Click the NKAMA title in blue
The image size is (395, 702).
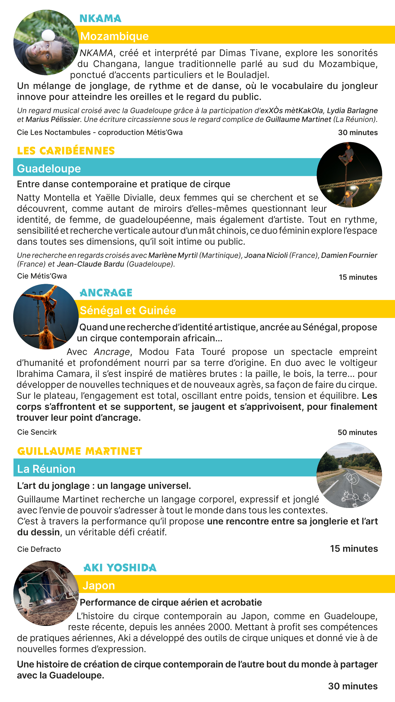(x=100, y=18)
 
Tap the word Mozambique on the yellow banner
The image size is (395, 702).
(x=115, y=36)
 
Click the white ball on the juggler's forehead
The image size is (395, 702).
(x=48, y=36)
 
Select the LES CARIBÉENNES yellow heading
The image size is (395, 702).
(x=66, y=151)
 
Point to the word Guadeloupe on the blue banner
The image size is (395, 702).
(x=49, y=169)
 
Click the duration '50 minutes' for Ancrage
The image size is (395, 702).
(x=357, y=432)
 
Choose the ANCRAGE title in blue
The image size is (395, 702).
(x=106, y=293)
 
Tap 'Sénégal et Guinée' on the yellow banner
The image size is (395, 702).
(x=128, y=310)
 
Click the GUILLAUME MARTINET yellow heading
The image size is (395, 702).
(x=80, y=451)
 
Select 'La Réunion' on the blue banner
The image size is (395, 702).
(x=46, y=469)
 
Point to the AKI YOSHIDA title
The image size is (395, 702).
(x=120, y=568)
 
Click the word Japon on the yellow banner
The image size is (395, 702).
(x=99, y=585)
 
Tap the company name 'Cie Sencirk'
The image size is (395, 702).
(x=37, y=432)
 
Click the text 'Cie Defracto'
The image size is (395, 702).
(x=39, y=549)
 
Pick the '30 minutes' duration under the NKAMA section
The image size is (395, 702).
(x=358, y=133)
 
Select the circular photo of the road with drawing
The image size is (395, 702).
(x=349, y=475)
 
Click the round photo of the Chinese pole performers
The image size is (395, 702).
(x=349, y=175)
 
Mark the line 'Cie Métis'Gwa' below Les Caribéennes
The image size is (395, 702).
(x=42, y=276)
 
